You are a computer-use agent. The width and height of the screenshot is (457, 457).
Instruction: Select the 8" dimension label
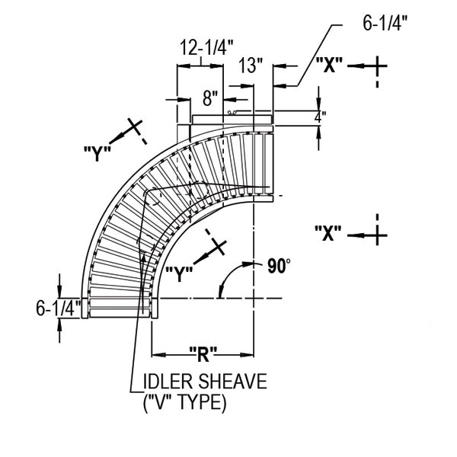(210, 97)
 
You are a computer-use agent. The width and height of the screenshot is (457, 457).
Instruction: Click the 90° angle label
(280, 266)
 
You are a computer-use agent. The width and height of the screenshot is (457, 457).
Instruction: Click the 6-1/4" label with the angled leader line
(385, 22)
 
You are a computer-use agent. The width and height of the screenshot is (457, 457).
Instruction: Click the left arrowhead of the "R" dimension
(157, 353)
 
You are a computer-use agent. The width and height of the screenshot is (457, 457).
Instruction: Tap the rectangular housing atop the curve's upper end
(232, 119)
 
